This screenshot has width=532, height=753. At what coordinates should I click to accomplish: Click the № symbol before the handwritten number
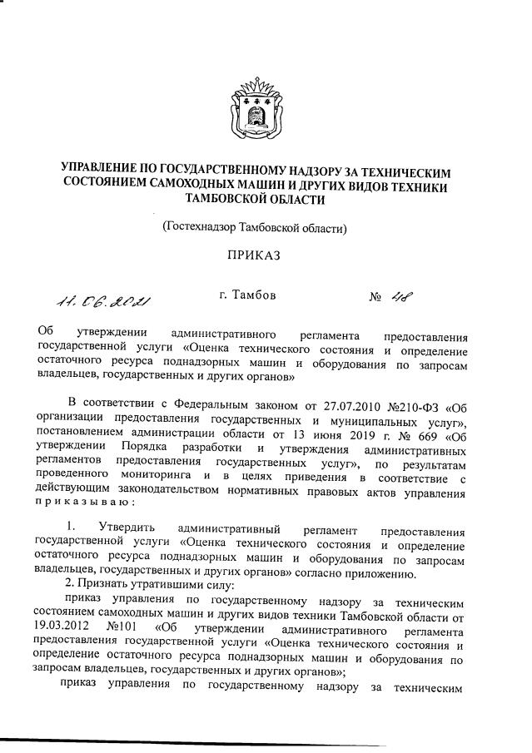click(375, 295)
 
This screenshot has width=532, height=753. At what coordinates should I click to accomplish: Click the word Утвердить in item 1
click(126, 530)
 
